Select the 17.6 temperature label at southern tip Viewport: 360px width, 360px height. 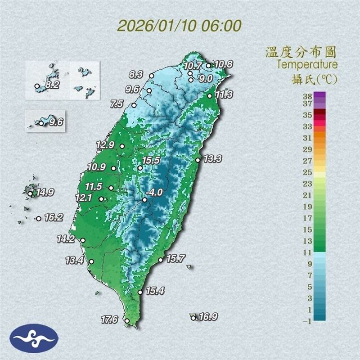pyautogui.click(x=109, y=320)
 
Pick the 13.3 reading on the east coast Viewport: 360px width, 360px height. pyautogui.click(x=212, y=158)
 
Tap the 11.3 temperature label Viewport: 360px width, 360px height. pyautogui.click(x=224, y=94)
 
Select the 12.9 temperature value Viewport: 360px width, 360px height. pyautogui.click(x=105, y=145)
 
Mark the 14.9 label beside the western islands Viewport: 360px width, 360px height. pyautogui.click(x=45, y=193)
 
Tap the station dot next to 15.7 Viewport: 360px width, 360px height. pyautogui.click(x=161, y=260)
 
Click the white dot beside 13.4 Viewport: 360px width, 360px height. pyautogui.click(x=92, y=261)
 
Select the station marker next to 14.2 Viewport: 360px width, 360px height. pyautogui.click(x=83, y=240)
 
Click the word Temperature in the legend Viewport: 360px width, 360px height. pyautogui.click(x=306, y=64)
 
